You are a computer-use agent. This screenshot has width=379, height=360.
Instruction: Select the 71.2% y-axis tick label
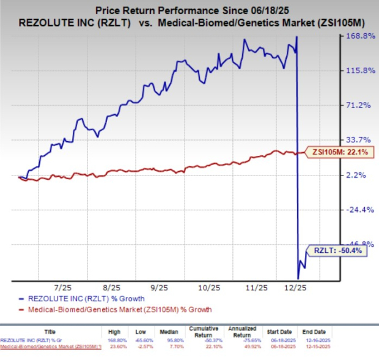(x=358, y=106)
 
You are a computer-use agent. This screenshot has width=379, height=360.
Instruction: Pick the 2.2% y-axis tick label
(x=358, y=175)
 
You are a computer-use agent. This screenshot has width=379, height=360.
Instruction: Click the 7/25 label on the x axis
(x=64, y=287)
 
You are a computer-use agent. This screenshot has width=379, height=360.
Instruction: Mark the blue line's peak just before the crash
(x=297, y=37)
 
